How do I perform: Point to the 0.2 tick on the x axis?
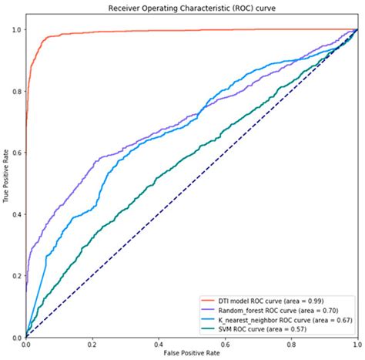pos(92,344)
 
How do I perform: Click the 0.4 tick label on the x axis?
pos(158,344)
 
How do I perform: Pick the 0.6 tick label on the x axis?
pos(224,344)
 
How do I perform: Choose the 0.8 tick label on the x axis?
pos(290,344)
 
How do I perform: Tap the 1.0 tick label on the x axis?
pos(356,344)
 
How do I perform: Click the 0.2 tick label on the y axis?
pos(16,276)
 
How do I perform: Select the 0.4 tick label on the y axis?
pos(16,214)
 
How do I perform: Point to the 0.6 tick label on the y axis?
pos(16,153)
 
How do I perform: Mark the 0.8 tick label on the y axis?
pos(16,91)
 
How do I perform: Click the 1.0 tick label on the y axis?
pos(16,29)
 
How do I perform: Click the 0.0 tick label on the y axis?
pos(16,337)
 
